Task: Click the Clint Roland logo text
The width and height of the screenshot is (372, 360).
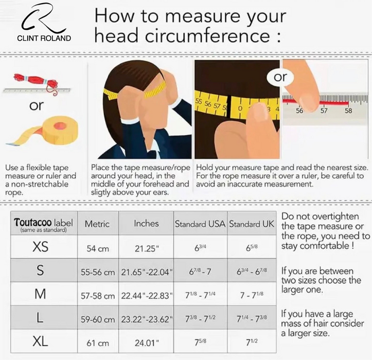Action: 44,38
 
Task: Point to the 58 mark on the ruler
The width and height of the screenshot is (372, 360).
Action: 348,111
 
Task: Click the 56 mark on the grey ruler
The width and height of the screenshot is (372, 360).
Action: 299,111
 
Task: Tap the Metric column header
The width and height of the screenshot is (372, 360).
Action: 97,224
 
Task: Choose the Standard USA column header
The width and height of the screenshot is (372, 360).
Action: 200,224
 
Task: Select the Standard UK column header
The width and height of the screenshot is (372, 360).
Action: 252,224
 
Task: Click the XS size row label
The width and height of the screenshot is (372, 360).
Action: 40,247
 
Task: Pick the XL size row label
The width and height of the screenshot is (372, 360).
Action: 40,341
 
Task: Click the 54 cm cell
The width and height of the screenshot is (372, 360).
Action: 98,249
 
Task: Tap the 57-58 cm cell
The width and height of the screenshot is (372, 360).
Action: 98,296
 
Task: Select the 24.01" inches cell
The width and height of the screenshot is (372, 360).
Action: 147,343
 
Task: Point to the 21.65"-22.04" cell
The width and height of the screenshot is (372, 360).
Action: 147,272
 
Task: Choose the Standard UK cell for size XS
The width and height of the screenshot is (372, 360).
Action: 252,247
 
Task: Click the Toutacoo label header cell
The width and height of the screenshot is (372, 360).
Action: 43,224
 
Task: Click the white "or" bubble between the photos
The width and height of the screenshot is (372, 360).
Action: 280,77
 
